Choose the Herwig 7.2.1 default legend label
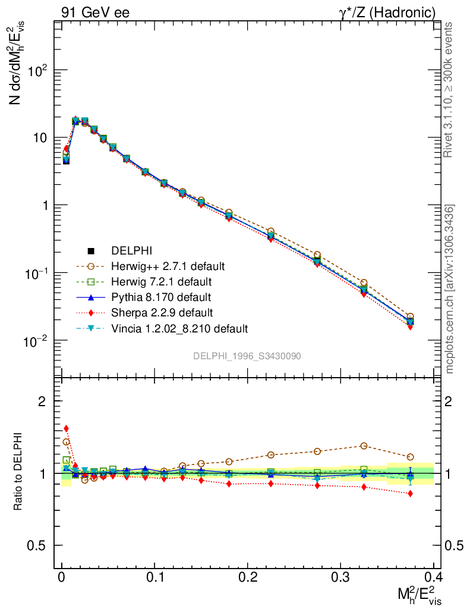pyautogui.click(x=161, y=281)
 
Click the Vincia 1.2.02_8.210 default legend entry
pyautogui.click(x=179, y=328)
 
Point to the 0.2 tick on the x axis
pyautogui.click(x=248, y=578)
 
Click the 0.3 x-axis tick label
pyautogui.click(x=340, y=578)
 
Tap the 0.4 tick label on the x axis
pyautogui.click(x=434, y=578)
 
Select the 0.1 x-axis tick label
pyautogui.click(x=154, y=578)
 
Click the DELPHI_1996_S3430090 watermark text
pyautogui.click(x=247, y=356)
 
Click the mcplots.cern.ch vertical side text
pyautogui.click(x=450, y=289)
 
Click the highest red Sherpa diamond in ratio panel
pyautogui.click(x=66, y=428)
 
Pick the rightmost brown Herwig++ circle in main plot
pyautogui.click(x=410, y=317)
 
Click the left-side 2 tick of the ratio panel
pyautogui.click(x=42, y=401)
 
